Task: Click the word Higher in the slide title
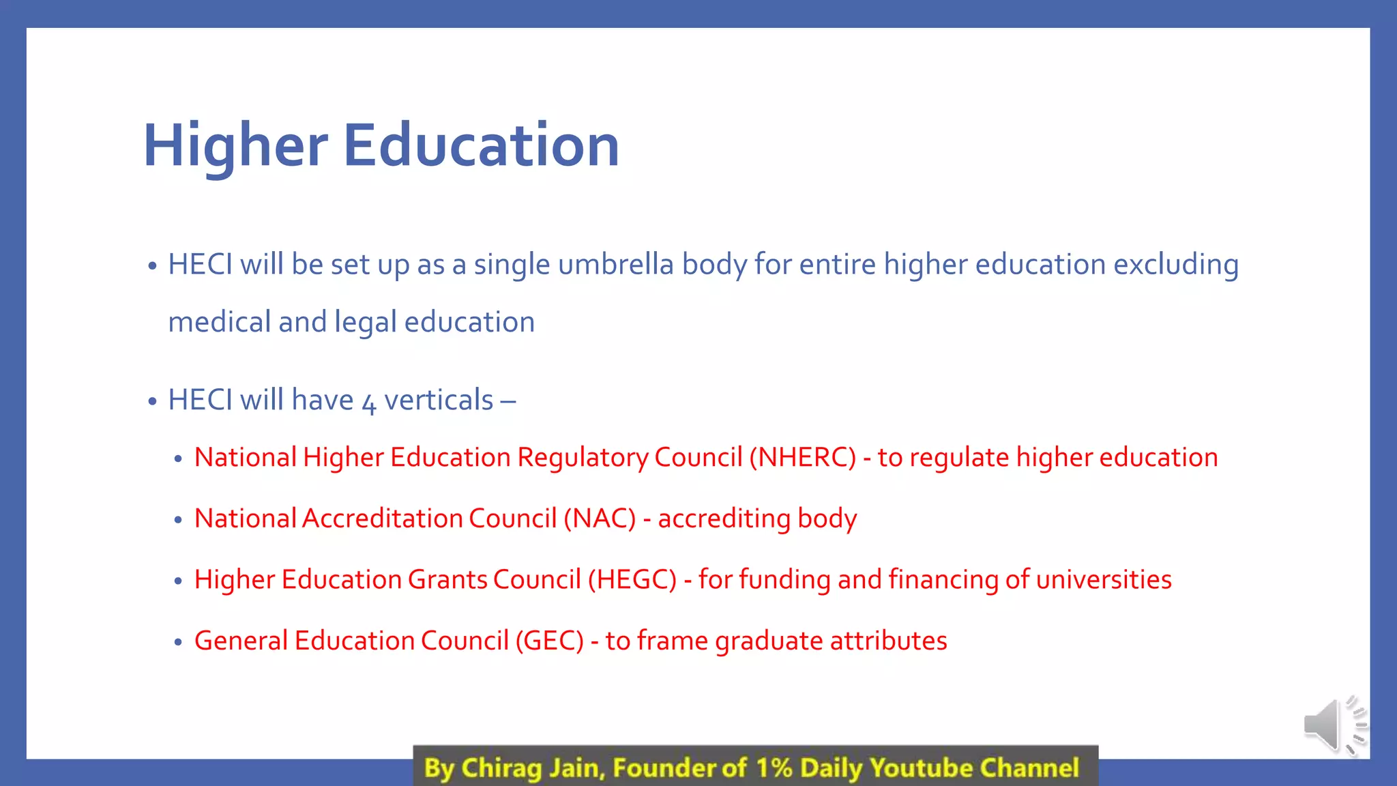235,146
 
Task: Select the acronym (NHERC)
802,457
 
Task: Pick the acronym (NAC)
600,519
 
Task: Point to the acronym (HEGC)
632,579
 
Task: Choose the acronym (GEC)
549,641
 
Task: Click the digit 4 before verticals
369,403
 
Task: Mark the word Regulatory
583,458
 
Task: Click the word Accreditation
382,519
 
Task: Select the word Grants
447,579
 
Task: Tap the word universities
1104,579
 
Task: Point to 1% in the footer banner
774,768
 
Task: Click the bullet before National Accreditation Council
178,520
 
